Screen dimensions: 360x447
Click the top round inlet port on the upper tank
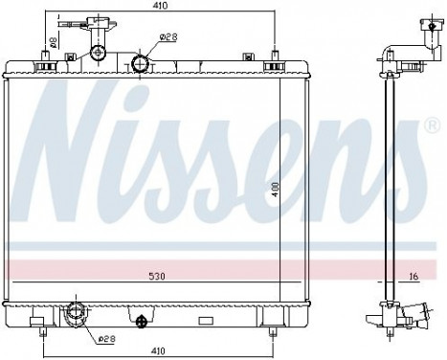141,64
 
